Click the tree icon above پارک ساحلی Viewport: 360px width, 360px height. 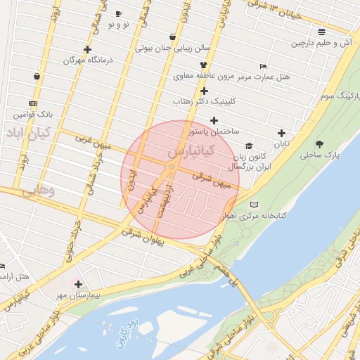pyautogui.click(x=320, y=143)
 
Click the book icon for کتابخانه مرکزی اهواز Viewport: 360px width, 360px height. pyautogui.click(x=254, y=205)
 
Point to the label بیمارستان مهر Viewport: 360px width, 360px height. pyautogui.click(x=79, y=296)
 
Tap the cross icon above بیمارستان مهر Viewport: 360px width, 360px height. pyautogui.click(x=78, y=285)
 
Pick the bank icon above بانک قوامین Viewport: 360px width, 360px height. pyautogui.click(x=32, y=102)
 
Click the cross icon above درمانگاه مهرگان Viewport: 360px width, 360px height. pyautogui.click(x=87, y=49)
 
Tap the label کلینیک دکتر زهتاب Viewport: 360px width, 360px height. pyautogui.click(x=203, y=102)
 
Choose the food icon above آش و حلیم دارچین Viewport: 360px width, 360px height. pyautogui.click(x=321, y=32)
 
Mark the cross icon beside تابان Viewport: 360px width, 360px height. pyautogui.click(x=281, y=133)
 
